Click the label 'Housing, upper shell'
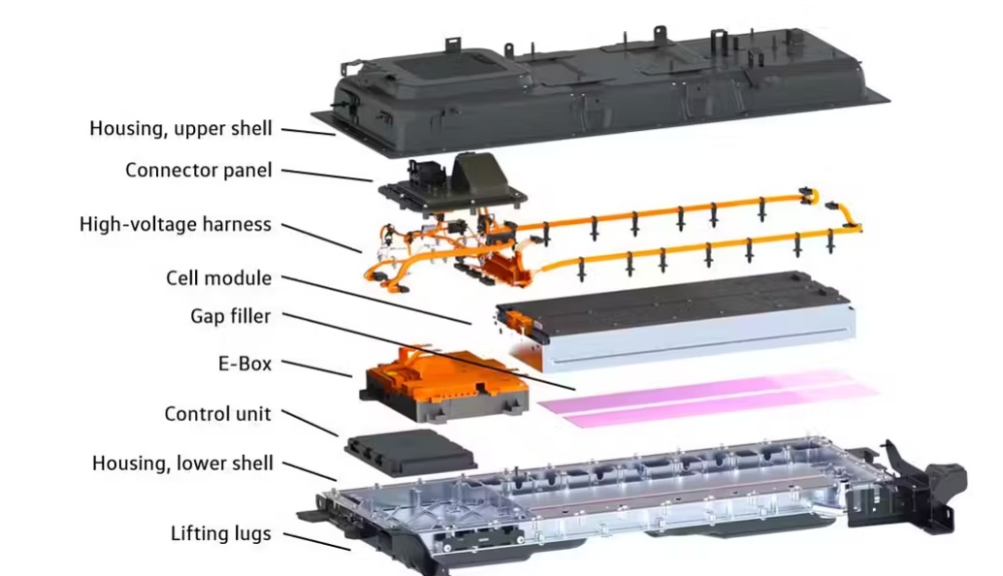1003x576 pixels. [181, 129]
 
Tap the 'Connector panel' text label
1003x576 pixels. [198, 170]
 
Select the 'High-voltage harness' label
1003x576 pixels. [176, 224]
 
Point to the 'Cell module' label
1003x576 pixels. [219, 278]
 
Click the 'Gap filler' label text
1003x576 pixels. [230, 316]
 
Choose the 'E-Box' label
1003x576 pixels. [245, 364]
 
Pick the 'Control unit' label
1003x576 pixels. [217, 414]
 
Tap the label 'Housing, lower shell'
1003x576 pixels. [182, 463]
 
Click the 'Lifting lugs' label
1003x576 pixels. [221, 533]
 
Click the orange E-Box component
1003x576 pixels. [444, 384]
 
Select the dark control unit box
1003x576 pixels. [410, 452]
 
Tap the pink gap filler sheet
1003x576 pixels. [707, 397]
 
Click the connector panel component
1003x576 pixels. [453, 184]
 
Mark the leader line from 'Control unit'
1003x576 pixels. [309, 423]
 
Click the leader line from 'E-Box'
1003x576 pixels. [316, 368]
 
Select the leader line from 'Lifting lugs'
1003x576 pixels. [316, 541]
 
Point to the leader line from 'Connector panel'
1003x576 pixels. [327, 176]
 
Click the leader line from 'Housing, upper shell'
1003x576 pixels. [308, 132]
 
